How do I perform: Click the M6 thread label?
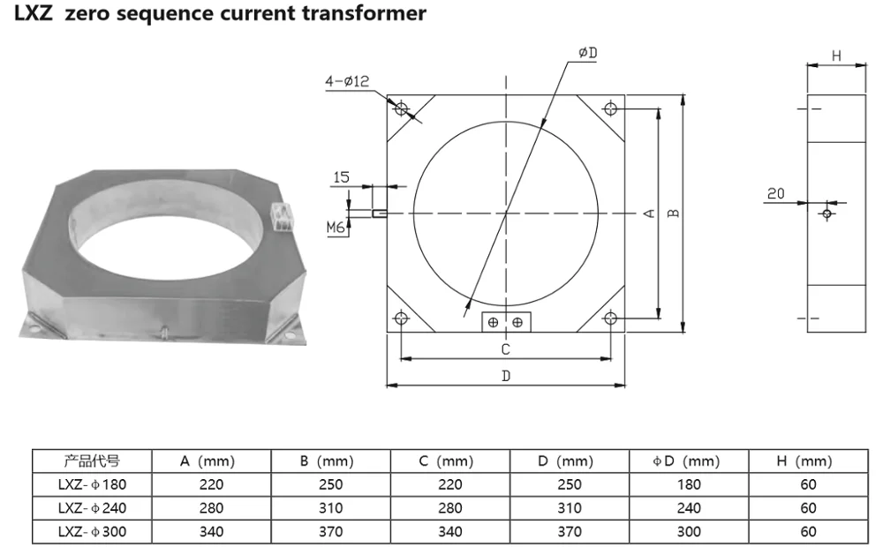tap(336, 228)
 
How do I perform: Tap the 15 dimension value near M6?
tap(341, 177)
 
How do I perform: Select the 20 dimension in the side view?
tap(776, 193)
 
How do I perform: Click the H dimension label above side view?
tap(835, 56)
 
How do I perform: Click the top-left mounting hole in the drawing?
tap(402, 109)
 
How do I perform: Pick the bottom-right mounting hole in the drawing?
tap(609, 318)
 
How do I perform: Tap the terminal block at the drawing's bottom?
tap(505, 322)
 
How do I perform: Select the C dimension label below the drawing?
tap(505, 349)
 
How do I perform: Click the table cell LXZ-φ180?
tap(92, 484)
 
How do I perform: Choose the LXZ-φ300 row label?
tap(92, 532)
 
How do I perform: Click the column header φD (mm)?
tap(688, 461)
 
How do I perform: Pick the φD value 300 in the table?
tap(688, 532)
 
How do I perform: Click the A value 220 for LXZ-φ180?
tap(212, 484)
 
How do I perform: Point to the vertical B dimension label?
tap(673, 213)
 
